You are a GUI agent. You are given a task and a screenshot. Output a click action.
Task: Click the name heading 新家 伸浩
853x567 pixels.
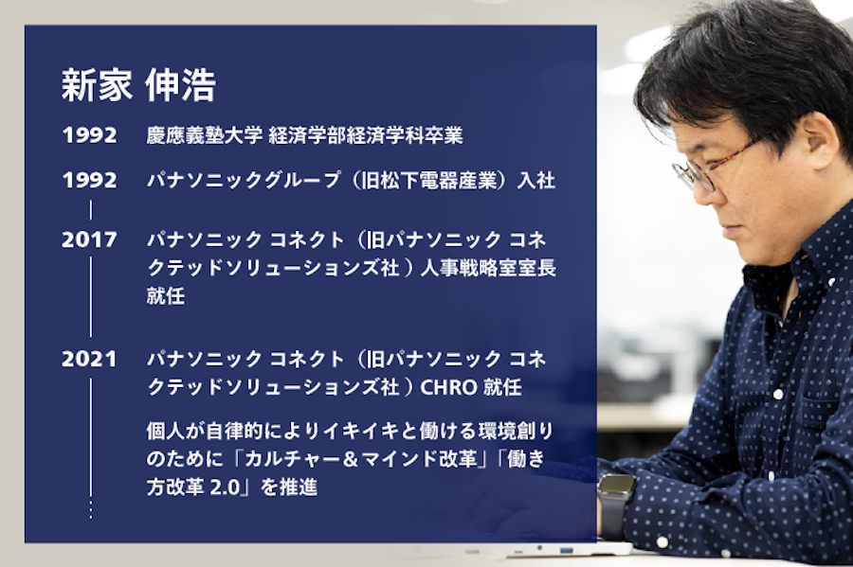[x=138, y=85]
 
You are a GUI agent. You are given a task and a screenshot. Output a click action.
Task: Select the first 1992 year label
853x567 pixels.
[x=89, y=135]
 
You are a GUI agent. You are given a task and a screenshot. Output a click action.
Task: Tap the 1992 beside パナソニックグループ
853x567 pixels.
[x=89, y=180]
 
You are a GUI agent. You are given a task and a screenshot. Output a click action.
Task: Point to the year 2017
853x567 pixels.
[x=89, y=239]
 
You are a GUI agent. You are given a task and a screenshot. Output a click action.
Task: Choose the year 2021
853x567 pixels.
[x=89, y=360]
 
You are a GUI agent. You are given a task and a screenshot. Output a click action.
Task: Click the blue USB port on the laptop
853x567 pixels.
[x=567, y=549]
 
